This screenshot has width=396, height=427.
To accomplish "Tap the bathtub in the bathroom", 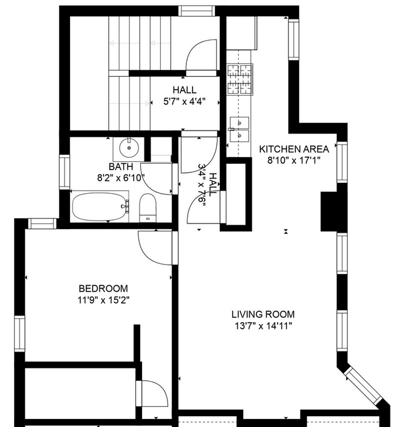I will point(101,206).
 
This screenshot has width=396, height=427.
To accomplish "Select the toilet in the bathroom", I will point(148,208).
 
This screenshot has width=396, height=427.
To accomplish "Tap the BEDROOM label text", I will point(104,288).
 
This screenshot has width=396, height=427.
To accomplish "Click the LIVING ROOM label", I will point(263,314).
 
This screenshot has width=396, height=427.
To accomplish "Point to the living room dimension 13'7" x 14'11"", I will point(263,326).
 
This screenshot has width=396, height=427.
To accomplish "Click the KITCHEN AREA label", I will point(294,149).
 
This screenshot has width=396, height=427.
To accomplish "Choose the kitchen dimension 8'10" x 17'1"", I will point(294,160).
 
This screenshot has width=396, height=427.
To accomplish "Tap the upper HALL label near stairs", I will point(184,90).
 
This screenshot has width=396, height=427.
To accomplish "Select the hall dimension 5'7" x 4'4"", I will point(184,102).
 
